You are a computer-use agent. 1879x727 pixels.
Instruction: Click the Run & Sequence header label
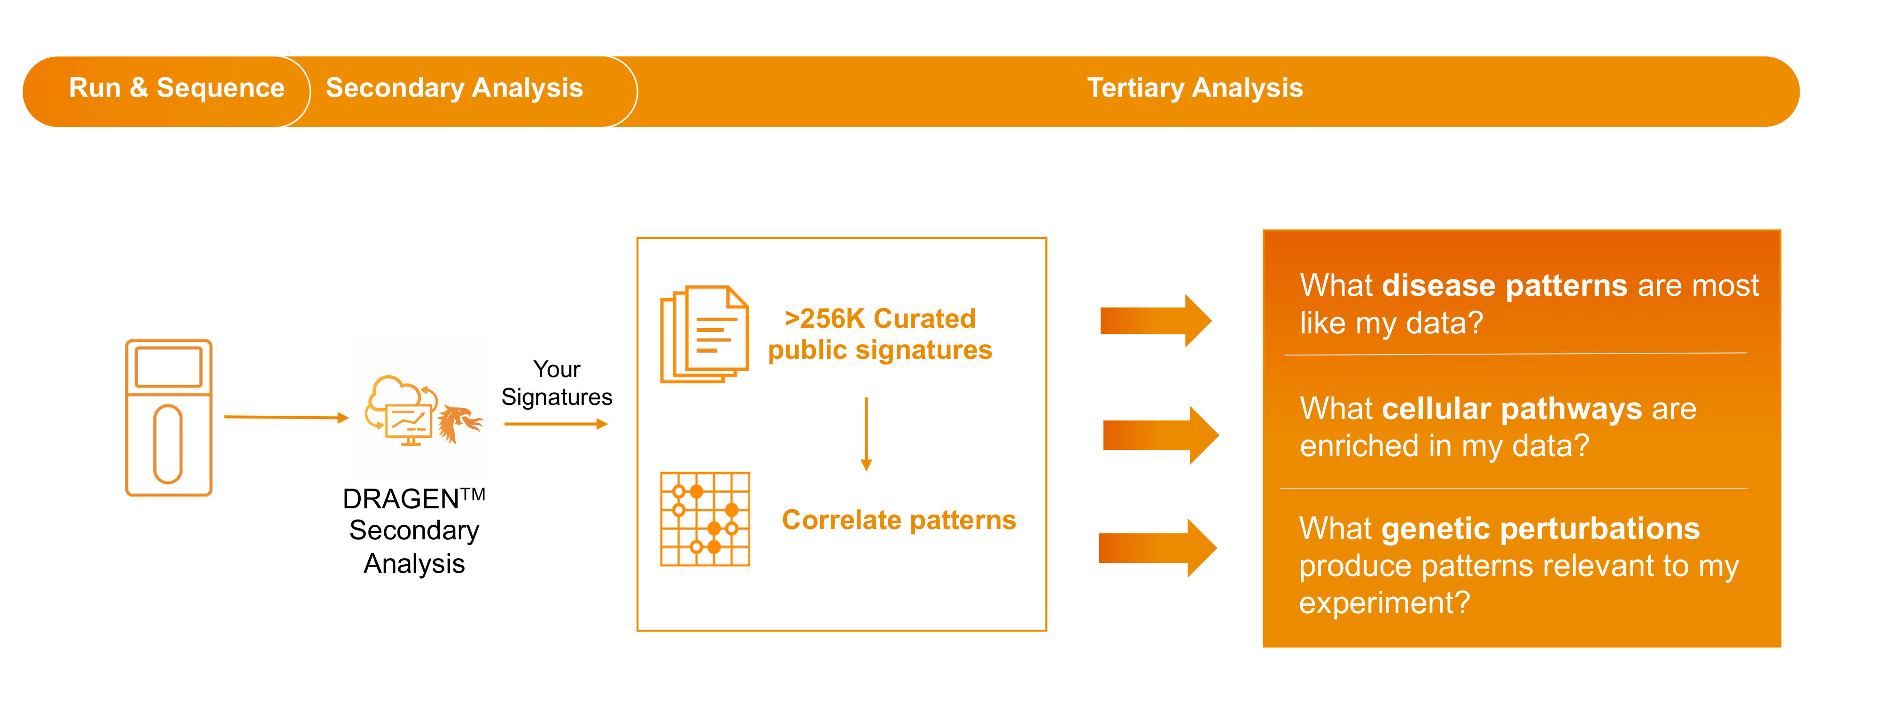[177, 88]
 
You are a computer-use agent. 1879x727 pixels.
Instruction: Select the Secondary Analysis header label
[454, 88]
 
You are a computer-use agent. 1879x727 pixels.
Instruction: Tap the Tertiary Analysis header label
[1194, 88]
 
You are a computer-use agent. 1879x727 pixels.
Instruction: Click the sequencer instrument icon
[169, 418]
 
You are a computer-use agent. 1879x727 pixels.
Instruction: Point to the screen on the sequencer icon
[169, 366]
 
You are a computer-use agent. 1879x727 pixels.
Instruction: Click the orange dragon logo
[459, 423]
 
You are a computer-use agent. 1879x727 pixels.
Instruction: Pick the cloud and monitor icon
[401, 410]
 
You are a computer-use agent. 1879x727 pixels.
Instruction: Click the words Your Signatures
[557, 383]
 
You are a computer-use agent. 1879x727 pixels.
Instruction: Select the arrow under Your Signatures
[556, 424]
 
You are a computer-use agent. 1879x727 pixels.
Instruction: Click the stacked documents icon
[704, 334]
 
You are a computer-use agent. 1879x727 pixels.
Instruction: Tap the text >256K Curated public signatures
[880, 334]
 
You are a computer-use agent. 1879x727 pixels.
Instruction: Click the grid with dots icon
[705, 519]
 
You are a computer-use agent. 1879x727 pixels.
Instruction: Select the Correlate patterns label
[899, 520]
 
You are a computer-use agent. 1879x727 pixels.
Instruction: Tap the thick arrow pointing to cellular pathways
[1160, 435]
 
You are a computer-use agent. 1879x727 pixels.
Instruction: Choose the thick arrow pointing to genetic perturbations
[1157, 548]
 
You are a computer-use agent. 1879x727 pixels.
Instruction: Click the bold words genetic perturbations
[1541, 529]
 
